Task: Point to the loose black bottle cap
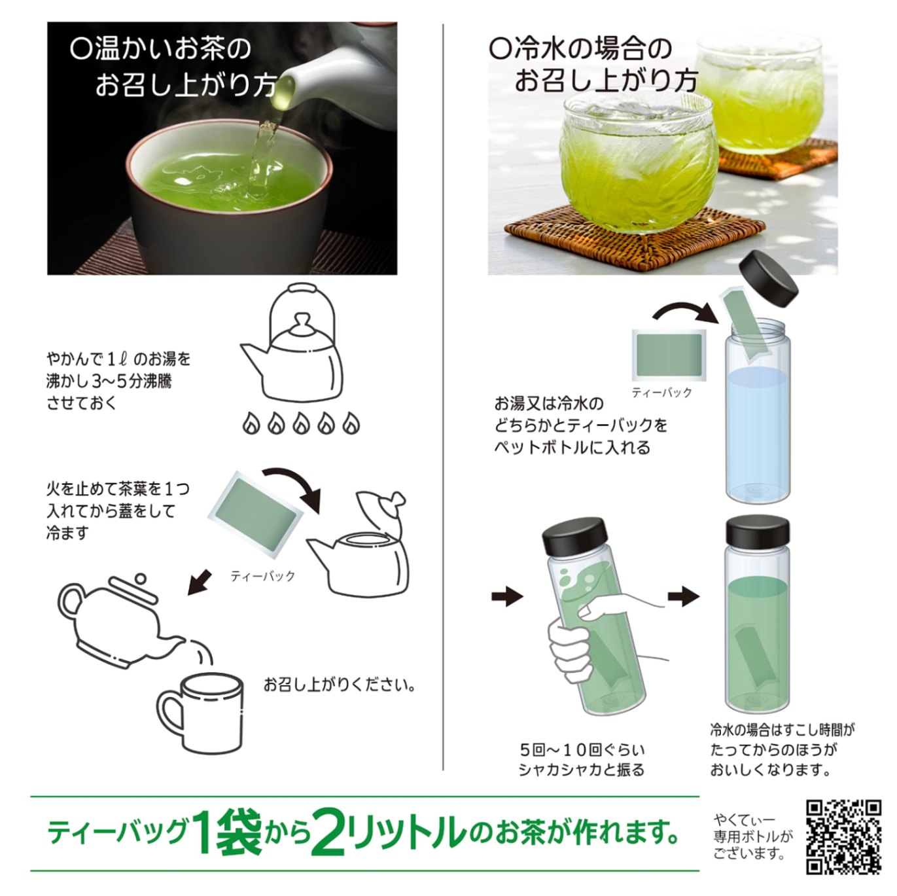pyautogui.click(x=768, y=278)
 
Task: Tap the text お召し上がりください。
pyautogui.click(x=340, y=685)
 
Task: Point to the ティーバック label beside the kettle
pyautogui.click(x=262, y=577)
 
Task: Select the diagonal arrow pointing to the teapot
pyautogui.click(x=200, y=583)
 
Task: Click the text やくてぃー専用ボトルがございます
pyautogui.click(x=752, y=836)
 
